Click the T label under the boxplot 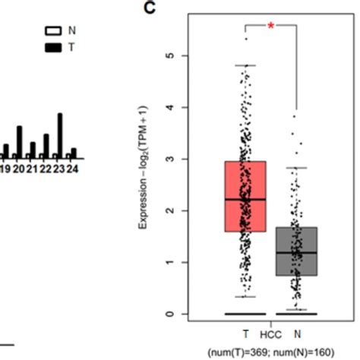point(245,333)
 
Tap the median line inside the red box point(245,199)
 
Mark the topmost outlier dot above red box point(246,38)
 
